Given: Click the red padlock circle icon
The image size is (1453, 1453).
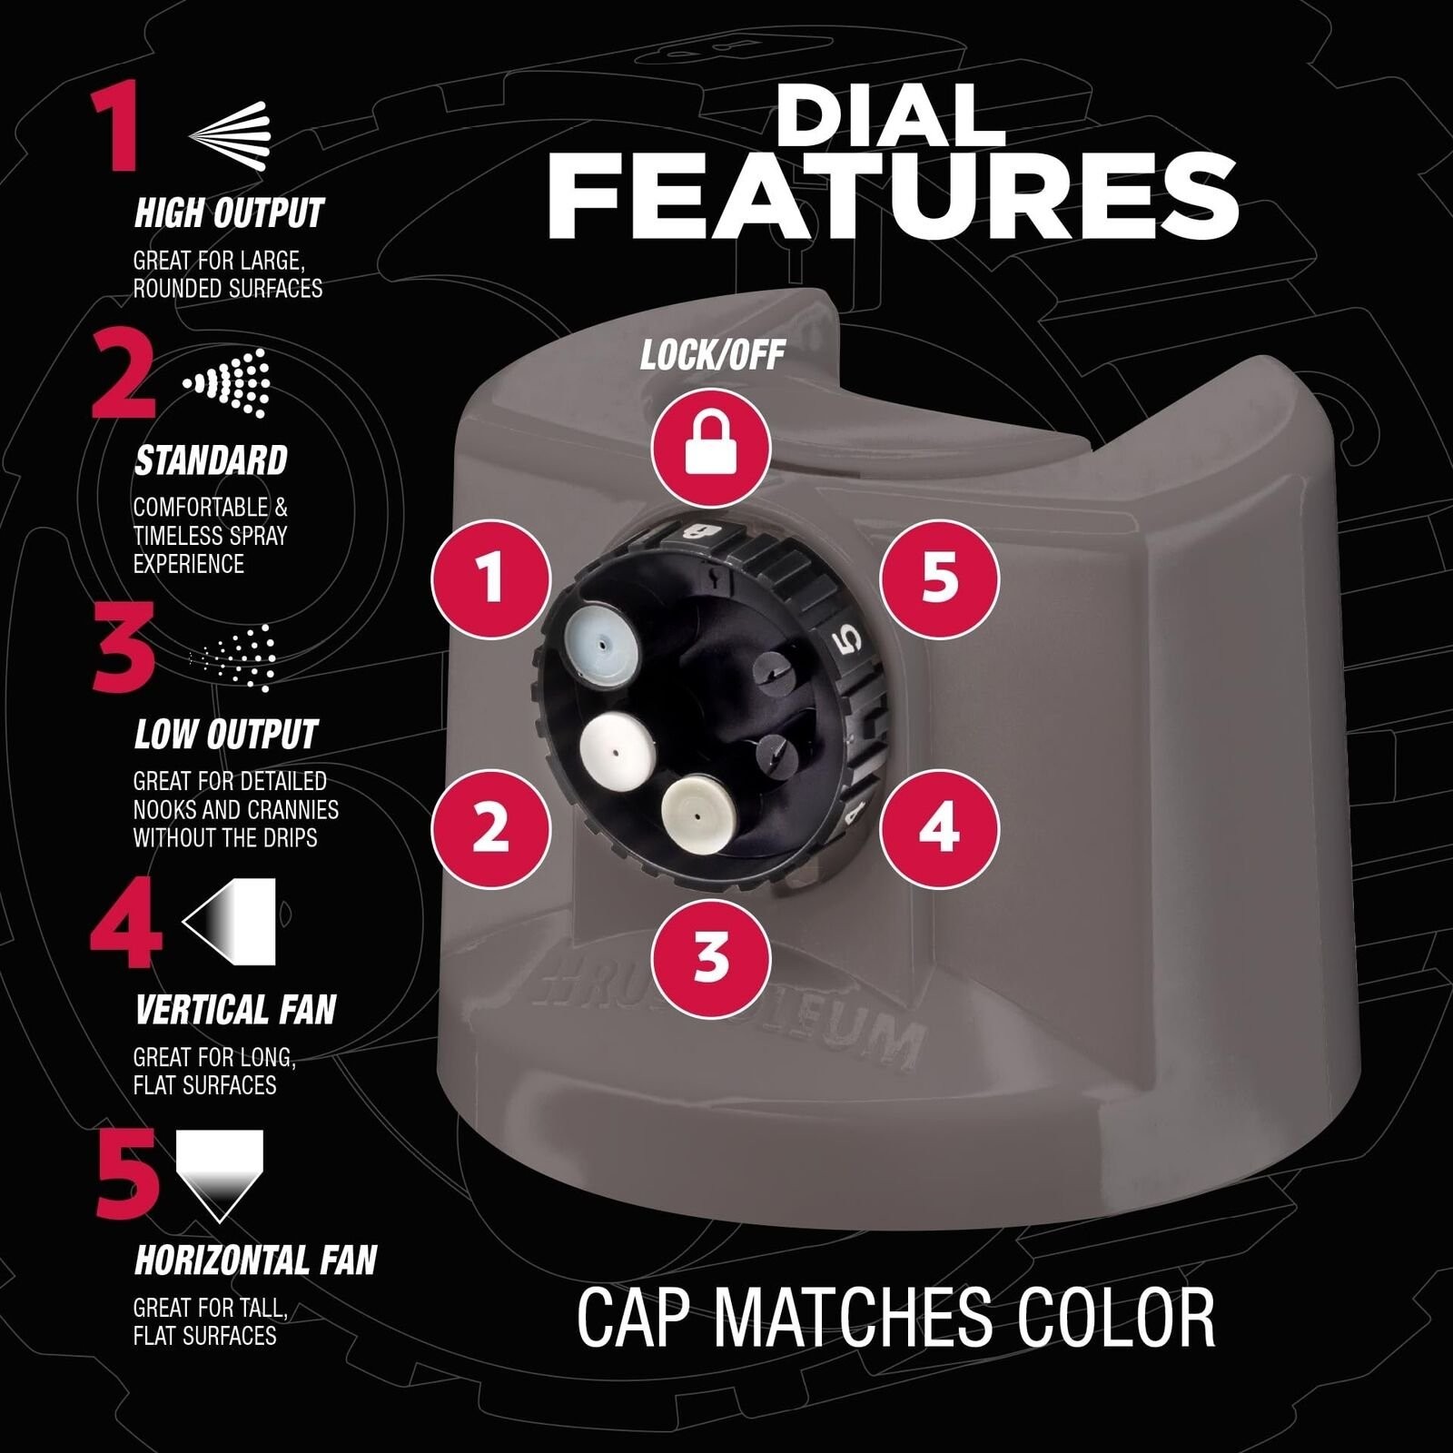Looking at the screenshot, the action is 711,448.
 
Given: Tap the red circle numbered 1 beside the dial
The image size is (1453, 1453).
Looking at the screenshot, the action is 490,578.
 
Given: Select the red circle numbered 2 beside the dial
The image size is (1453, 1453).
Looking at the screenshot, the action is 490,828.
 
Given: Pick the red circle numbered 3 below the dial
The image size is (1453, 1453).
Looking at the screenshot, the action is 711,957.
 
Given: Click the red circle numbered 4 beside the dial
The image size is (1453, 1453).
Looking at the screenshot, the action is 939,828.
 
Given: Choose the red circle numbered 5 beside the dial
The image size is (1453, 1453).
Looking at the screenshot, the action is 939,578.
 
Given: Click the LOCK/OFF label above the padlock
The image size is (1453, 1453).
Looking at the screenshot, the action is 712,354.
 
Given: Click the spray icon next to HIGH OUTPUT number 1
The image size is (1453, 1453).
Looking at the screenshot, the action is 230,136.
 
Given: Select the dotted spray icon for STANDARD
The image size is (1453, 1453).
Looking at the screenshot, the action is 228,383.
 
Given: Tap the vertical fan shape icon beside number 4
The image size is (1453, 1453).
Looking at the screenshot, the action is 229,921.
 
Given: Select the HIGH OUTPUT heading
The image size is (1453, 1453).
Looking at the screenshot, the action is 229,213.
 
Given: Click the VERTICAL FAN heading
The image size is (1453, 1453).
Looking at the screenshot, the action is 235,1010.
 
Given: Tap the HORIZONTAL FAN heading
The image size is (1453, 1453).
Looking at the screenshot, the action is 255,1260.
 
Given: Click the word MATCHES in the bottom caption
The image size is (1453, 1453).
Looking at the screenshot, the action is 853,1318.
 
